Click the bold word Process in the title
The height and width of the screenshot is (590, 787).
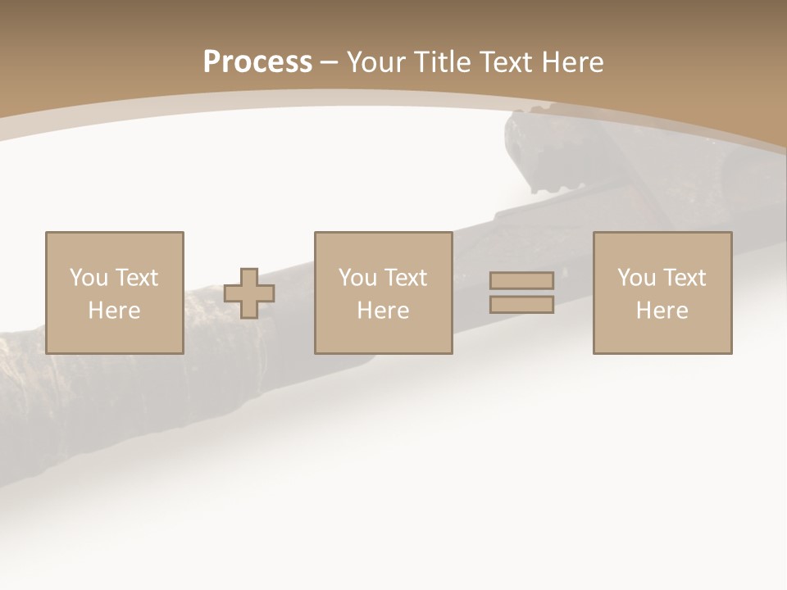point(257,62)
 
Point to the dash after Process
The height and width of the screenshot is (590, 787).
point(329,63)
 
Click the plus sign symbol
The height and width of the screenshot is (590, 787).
point(249,293)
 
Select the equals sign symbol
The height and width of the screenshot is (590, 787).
point(521,293)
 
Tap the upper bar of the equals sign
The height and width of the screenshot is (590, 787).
point(521,281)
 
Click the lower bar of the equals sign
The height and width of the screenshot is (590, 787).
point(521,304)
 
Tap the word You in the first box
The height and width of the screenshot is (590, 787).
point(87,278)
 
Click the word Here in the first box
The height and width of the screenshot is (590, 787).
point(114,311)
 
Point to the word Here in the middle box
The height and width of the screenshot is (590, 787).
point(383,311)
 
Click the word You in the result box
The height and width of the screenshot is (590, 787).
point(635,278)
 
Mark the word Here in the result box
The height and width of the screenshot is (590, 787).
point(662,311)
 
